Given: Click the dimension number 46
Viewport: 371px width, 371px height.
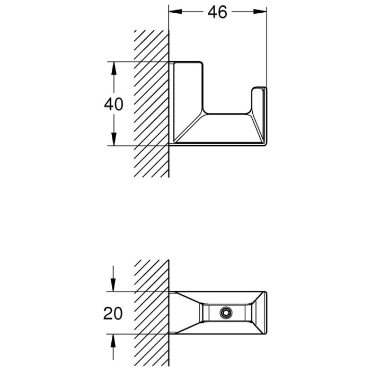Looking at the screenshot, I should pos(218,12).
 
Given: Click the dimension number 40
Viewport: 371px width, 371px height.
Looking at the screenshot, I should pos(113,104).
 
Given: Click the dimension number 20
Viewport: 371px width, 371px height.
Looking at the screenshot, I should pos(113,313).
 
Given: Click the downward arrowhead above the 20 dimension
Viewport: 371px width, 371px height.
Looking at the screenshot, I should pos(113,287).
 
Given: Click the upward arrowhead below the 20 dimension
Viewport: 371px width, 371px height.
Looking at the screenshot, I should pos(113,339).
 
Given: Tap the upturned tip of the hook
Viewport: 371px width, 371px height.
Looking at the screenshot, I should pos(259,93).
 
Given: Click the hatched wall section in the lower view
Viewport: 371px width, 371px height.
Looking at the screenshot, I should pos(152,313).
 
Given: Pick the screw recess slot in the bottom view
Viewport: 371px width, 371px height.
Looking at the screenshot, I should pos(225,313).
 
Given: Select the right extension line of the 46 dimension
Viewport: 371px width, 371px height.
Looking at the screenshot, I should pos(267,48).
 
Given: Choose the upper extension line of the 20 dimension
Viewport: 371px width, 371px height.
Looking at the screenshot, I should pos(138,291).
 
